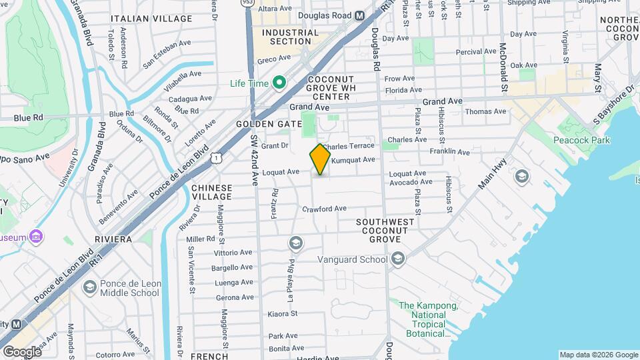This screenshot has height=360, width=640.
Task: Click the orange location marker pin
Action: click(320, 159)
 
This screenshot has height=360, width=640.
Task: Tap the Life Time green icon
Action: click(279, 83)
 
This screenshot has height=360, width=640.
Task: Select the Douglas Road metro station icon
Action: click(360, 15)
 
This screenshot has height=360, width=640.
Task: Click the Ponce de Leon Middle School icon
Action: click(89, 287)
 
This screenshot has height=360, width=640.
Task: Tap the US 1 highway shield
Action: click(215, 157)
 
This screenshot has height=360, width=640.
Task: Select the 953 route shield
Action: click(247, 3)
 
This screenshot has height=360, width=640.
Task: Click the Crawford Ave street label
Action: click(324, 209)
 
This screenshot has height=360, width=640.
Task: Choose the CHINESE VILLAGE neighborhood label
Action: click(212, 192)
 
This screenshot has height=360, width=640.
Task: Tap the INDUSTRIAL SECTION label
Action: click(290, 37)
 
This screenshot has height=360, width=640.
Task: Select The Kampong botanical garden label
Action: click(428, 319)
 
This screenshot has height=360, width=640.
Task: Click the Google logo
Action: click(21, 351)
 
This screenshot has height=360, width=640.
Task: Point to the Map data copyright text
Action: click(598, 355)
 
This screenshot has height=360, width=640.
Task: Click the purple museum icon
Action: click(37, 237)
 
